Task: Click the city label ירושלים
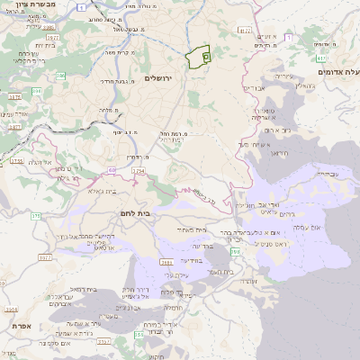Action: coord(164,79)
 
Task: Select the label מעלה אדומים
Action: coord(337,70)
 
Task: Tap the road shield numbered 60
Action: coord(110,167)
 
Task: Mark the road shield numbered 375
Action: coord(37,216)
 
